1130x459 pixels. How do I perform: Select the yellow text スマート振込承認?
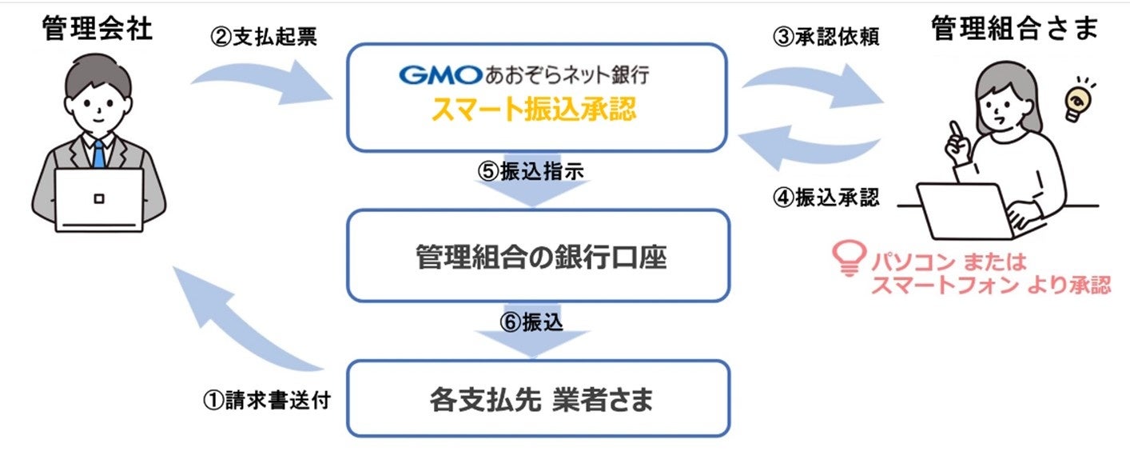(534, 110)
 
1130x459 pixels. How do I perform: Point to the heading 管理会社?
(98, 30)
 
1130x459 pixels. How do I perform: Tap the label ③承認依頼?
(826, 38)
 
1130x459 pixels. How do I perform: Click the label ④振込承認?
(826, 198)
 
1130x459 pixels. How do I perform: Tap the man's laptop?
(98, 199)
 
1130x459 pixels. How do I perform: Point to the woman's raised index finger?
(952, 128)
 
